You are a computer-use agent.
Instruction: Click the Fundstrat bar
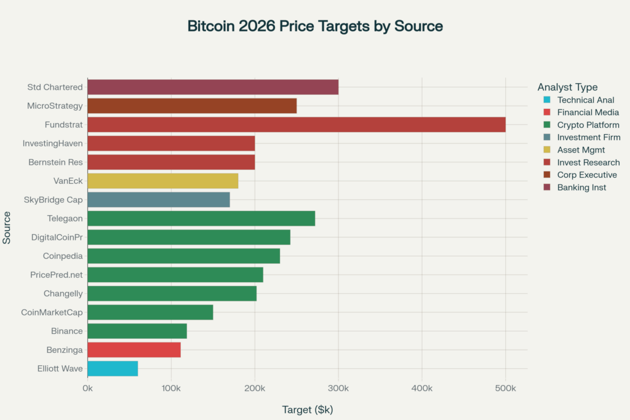pos(296,125)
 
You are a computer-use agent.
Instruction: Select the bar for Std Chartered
pos(212,87)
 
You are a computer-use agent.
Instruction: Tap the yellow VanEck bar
pos(162,181)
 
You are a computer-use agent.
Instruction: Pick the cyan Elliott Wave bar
pos(113,369)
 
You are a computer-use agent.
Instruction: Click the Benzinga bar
pos(134,350)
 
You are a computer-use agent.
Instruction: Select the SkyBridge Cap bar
pos(158,200)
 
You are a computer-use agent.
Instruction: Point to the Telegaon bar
pos(201,218)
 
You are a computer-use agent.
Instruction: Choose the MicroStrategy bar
pos(191,106)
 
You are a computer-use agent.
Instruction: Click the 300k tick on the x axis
pos(338,389)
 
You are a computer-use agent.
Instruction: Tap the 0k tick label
pos(87,389)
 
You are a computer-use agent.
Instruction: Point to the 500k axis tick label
pos(505,389)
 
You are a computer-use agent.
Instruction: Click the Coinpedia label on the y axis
pos(63,256)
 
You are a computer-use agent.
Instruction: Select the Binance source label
pos(66,331)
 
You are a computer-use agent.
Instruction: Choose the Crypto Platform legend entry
pos(588,125)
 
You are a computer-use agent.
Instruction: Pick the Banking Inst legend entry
pos(581,188)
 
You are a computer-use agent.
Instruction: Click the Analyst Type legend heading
pos(567,87)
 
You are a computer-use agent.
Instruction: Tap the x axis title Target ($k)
pos(307,409)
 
